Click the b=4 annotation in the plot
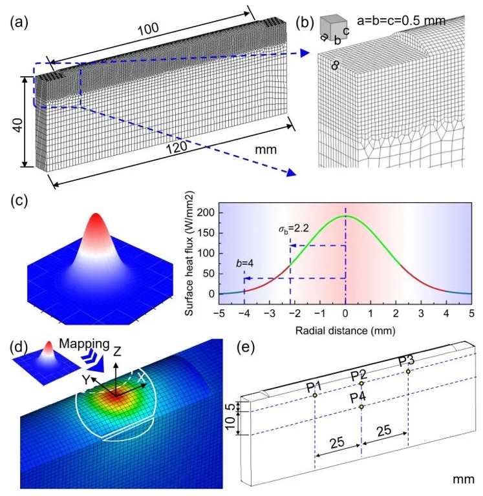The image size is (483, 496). (x=248, y=264)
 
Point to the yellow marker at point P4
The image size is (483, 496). (x=361, y=407)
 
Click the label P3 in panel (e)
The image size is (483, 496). (x=407, y=360)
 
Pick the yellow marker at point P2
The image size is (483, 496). (x=361, y=384)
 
